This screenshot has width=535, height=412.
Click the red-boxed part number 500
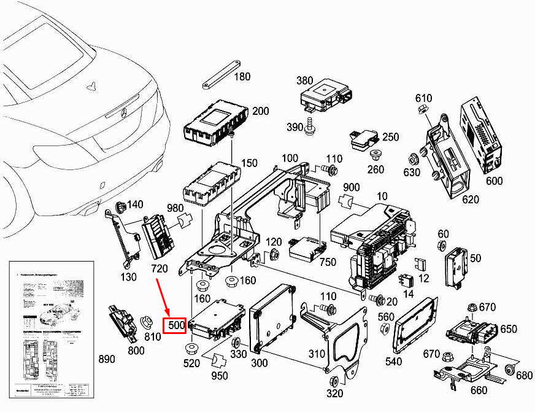tap(175, 325)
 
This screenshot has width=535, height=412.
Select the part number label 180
tap(243, 77)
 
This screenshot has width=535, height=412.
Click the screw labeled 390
tap(312, 126)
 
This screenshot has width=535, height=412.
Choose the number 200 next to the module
tap(261, 111)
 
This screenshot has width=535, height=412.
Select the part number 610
tap(424, 98)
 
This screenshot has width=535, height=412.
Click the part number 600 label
tap(494, 181)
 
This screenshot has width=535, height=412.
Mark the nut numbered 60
tap(441, 247)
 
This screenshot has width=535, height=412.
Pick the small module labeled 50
tap(457, 264)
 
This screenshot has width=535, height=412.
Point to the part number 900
tap(352, 187)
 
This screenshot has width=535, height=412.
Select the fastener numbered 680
tap(509, 369)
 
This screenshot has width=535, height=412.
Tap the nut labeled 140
tap(120, 206)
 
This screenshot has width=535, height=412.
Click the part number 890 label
tap(107, 359)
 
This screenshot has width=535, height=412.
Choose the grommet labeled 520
tap(191, 351)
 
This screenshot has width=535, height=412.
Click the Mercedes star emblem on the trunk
tap(121, 112)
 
